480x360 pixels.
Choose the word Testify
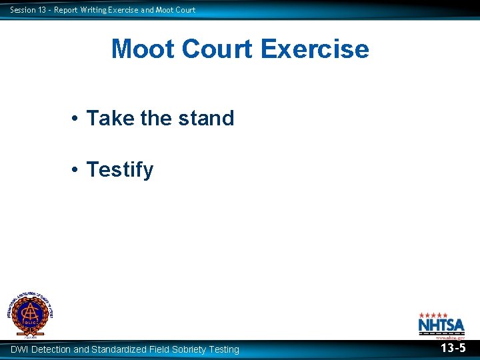(x=120, y=170)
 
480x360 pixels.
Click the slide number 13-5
(x=453, y=348)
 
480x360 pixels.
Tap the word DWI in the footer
(x=19, y=349)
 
